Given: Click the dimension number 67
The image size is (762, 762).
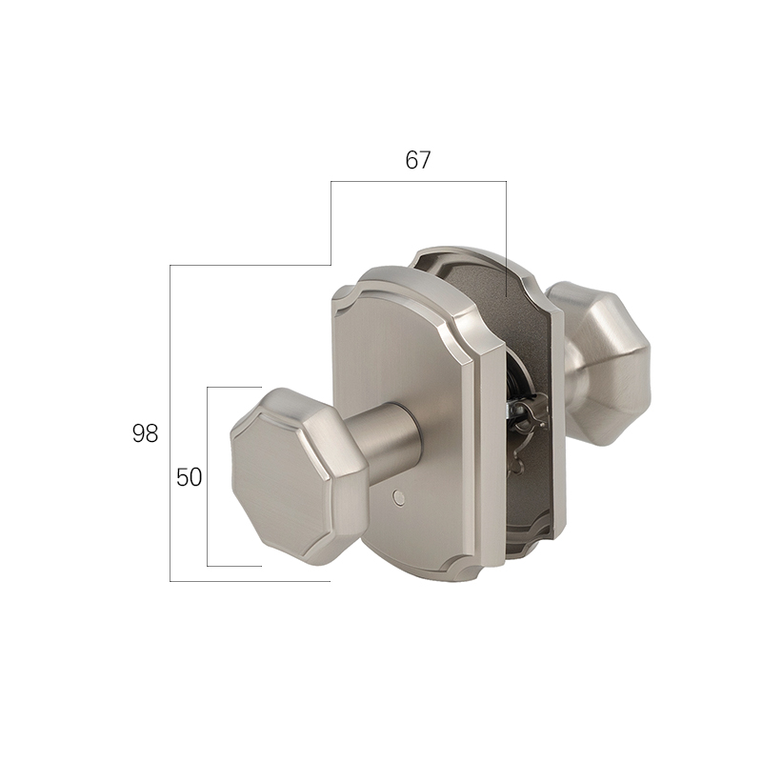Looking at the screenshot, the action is point(418,160).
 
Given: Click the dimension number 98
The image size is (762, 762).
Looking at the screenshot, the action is point(145,433).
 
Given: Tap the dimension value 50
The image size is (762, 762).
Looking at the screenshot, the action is point(189,477).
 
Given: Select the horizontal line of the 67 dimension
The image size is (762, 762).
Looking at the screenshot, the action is point(418,182).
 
